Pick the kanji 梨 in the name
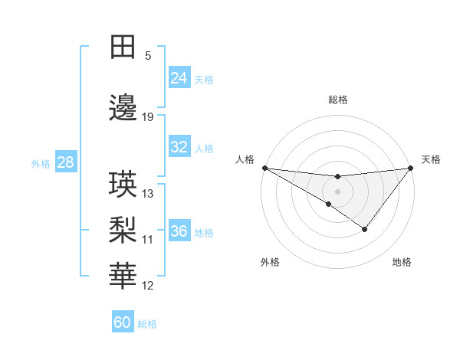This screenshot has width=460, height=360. tap(123, 230)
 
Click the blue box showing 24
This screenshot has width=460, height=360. tap(179, 78)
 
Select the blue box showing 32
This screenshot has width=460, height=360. tap(179, 147)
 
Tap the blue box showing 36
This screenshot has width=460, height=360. tap(179, 231)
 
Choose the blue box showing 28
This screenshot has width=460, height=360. tap(65, 162)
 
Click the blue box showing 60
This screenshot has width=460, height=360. tap(123, 322)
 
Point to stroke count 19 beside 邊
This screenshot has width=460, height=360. tap(148, 117)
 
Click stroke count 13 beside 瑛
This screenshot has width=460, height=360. tap(148, 194)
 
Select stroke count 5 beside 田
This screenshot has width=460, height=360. tap(148, 56)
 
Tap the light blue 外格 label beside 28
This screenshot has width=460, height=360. tap(41, 163)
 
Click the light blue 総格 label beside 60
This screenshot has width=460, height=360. tap(148, 323)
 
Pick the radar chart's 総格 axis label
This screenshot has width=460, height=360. tap(337, 100)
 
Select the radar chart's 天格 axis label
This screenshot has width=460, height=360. tap(431, 159)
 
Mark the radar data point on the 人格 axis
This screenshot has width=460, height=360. tap(264, 168)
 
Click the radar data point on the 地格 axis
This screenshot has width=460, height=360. tap(365, 229)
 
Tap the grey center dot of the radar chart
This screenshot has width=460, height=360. tap(337, 191)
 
